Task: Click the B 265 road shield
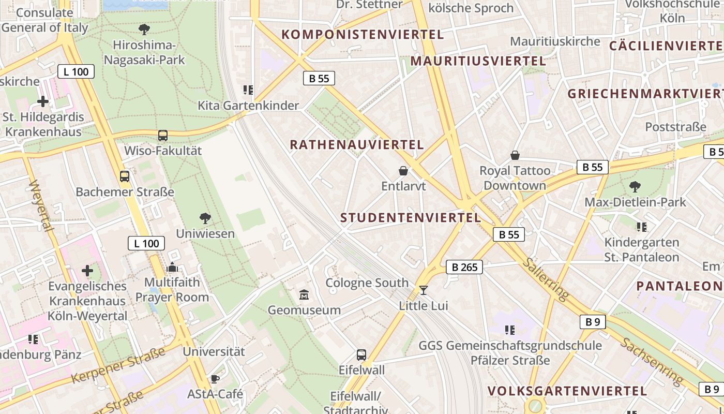point(464,267)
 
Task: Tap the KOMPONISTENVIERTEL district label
point(363,35)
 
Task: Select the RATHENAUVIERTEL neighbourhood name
point(357,144)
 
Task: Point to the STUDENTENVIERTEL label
point(411,217)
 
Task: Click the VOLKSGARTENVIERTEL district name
point(567,391)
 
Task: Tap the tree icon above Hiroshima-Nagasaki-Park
point(144,29)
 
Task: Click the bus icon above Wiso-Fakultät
point(163,136)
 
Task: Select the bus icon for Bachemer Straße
point(125,176)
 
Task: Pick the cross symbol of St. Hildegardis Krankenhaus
point(43,101)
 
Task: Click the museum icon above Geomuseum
point(304,295)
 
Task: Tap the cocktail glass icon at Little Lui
point(424,290)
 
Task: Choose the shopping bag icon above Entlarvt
point(403,170)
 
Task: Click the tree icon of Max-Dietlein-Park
point(635,186)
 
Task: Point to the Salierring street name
point(545,279)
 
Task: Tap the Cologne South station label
point(367,283)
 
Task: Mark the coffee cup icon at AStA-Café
point(215,378)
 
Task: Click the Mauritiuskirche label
point(555,41)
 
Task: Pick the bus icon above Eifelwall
point(361,355)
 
